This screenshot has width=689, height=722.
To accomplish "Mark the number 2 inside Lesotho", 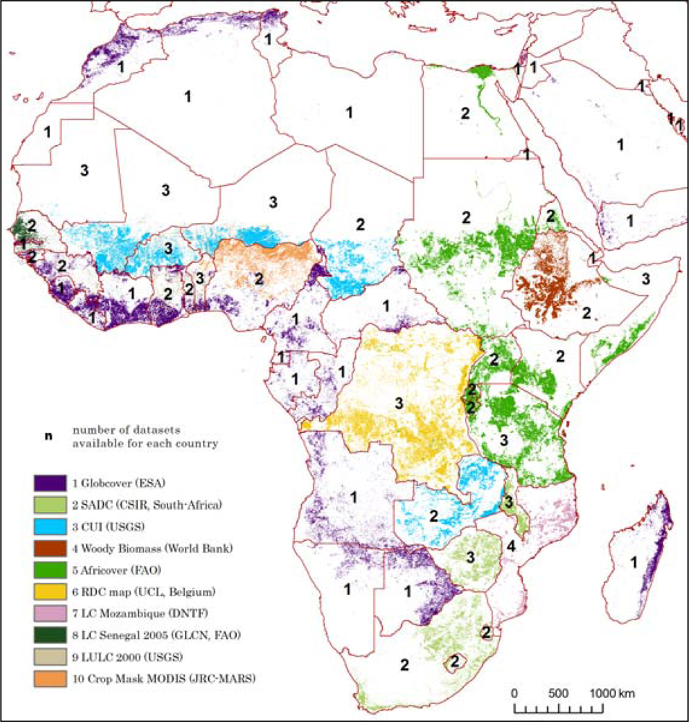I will [x=455, y=660].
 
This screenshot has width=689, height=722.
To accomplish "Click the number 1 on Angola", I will [x=354, y=497].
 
